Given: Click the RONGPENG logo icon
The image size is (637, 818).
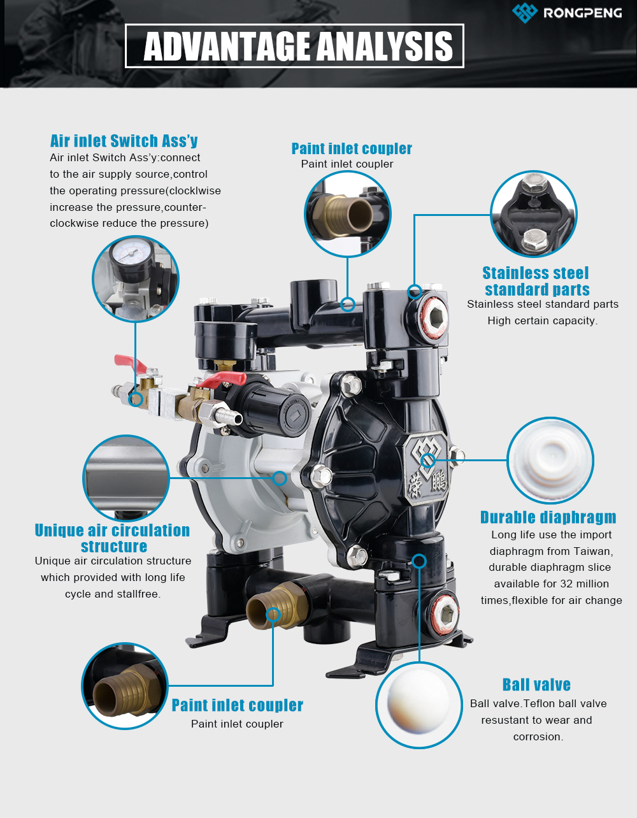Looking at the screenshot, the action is [524, 12].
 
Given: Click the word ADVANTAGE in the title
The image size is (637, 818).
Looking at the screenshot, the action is [227, 47].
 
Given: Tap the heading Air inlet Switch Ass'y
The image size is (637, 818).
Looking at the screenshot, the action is [124, 141].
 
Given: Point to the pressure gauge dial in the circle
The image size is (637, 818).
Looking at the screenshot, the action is [131, 253].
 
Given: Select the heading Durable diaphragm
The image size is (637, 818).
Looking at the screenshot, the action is [548, 517].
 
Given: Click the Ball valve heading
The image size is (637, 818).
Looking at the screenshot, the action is [536, 685].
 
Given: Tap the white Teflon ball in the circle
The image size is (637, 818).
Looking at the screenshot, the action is [418, 703].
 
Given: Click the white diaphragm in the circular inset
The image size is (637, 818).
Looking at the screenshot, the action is [550, 460].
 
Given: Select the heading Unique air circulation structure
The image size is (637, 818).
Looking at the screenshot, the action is [113, 538].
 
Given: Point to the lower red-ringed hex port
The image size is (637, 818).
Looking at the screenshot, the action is [445, 613].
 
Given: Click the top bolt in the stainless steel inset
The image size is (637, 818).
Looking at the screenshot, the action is [534, 183].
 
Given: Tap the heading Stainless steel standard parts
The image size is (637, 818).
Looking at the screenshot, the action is [536, 281].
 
